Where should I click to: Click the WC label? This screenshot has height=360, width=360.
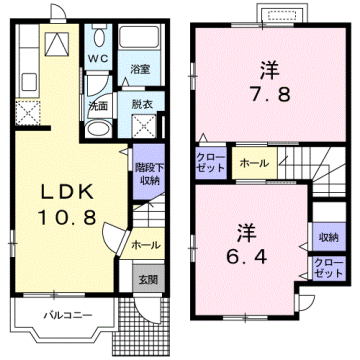coord(96,57)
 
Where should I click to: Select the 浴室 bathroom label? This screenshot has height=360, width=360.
coord(140,69)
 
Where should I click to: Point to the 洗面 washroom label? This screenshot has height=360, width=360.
coord(96,105)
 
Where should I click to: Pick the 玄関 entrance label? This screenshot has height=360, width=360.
coord(147,278)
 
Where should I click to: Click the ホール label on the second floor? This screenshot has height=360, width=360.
coord(251,160)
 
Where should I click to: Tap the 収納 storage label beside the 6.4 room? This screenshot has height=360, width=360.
coord(328,236)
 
